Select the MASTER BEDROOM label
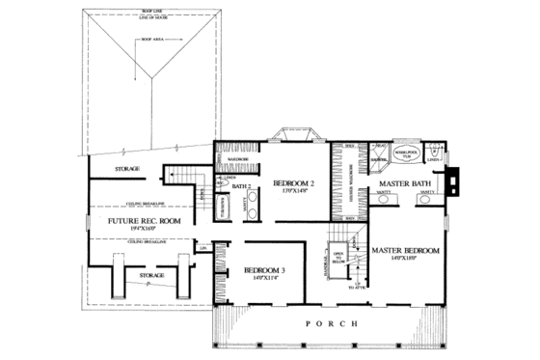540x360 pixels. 406,250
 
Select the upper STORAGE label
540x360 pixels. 127,169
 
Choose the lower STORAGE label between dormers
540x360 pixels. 151,275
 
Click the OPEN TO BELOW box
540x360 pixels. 339,256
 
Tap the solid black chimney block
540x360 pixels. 451,180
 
